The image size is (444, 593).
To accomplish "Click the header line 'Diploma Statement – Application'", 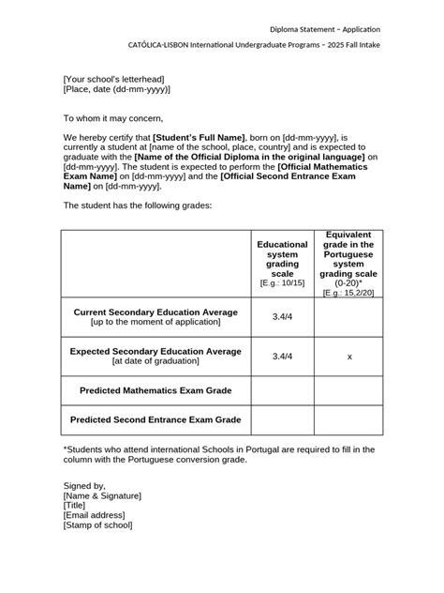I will tap(325, 29).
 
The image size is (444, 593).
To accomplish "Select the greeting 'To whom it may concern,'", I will tap(113, 119).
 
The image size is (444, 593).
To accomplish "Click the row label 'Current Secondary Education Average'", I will tap(155, 312).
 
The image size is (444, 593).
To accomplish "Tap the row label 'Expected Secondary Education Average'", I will tap(155, 351).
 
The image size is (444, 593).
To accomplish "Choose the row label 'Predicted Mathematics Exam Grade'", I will tap(155, 388).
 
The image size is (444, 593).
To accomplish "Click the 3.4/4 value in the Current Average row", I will tap(282, 317).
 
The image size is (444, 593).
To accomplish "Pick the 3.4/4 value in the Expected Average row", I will tap(282, 357).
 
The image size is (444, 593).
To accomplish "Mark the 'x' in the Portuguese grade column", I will tap(349, 357).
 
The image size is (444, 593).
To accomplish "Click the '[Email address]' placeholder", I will tap(95, 515).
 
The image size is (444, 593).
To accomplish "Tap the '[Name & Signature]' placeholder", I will tap(102, 495).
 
